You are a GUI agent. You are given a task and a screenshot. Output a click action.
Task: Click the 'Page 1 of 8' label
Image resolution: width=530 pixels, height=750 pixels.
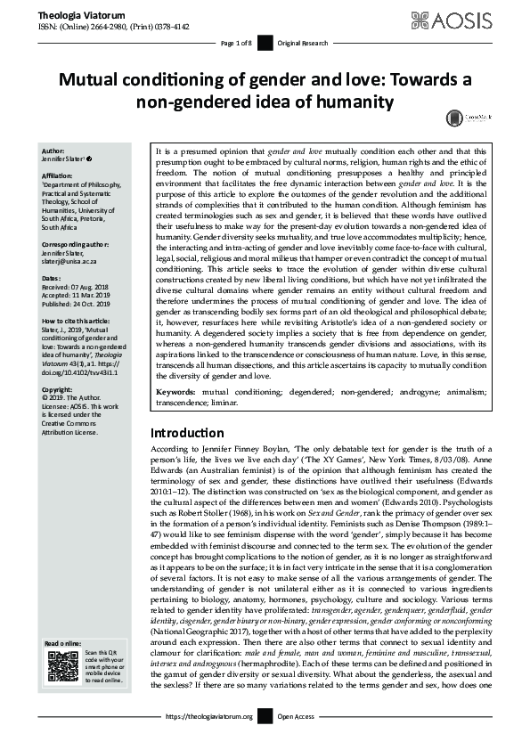point(236,42)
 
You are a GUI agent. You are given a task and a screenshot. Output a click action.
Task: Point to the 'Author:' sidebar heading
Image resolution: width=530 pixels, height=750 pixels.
point(54,152)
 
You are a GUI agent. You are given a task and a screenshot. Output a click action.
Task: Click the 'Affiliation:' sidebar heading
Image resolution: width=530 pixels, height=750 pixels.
point(61,175)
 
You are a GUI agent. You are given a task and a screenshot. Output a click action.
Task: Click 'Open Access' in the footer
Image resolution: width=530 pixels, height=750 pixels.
point(296,716)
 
